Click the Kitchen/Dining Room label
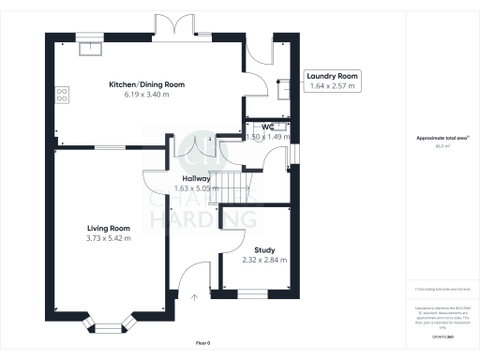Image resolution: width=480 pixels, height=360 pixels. [x=146, y=84]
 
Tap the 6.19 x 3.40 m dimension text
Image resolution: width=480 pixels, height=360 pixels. [x=146, y=95]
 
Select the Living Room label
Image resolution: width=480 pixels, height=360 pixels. [x=108, y=228]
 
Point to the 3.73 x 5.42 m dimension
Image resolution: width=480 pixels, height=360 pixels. [x=109, y=238]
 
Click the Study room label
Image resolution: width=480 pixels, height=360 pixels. [x=264, y=249]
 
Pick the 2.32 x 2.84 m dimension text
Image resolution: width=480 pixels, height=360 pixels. [x=264, y=260]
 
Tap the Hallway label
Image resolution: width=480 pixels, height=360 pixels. [x=196, y=178]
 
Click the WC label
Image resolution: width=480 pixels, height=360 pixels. [x=268, y=126]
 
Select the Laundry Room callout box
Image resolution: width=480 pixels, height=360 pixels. [x=334, y=82]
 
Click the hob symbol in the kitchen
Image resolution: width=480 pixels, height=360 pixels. [x=63, y=93]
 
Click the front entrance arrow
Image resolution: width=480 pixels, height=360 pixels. [x=195, y=297]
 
